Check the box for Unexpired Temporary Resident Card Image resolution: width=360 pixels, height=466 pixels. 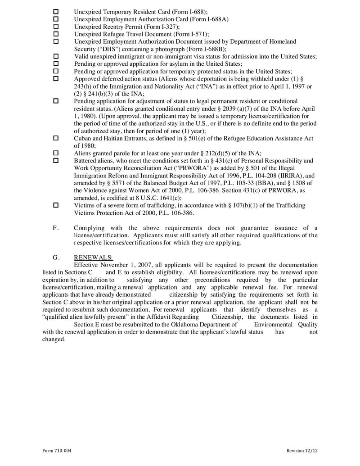(56, 11)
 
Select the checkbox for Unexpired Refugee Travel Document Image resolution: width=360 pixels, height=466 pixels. (56, 34)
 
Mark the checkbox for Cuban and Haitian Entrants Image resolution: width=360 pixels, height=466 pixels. (56, 138)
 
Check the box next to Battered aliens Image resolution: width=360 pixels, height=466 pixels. (56, 160)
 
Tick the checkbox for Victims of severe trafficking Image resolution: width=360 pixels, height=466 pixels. (56, 205)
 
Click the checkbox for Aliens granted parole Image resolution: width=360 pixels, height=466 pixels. (56, 153)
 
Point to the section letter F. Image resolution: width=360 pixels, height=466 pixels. (56, 227)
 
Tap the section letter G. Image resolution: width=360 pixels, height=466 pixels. (56, 257)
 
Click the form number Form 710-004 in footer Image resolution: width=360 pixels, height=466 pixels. (57, 451)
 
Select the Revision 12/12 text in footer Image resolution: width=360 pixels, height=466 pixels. (302, 451)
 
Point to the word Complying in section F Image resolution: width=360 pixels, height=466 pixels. (89, 227)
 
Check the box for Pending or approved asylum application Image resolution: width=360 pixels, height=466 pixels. (56, 63)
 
